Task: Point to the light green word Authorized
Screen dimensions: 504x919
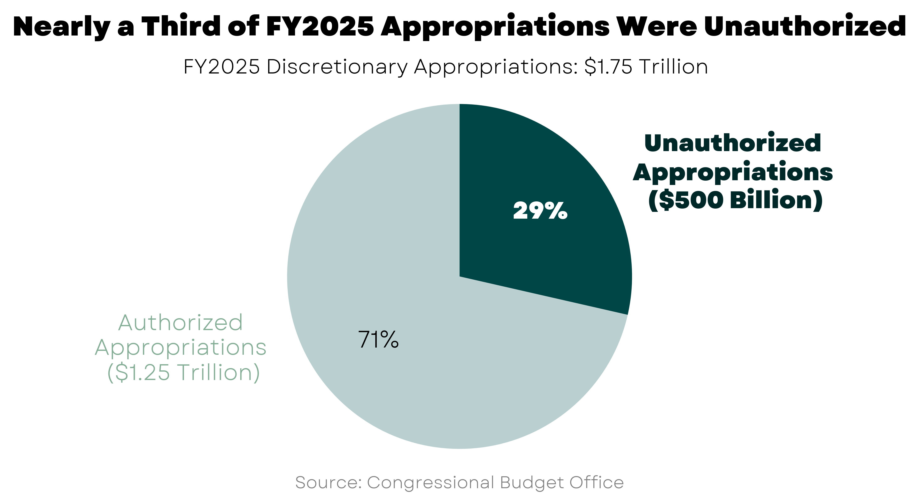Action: click(180, 323)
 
